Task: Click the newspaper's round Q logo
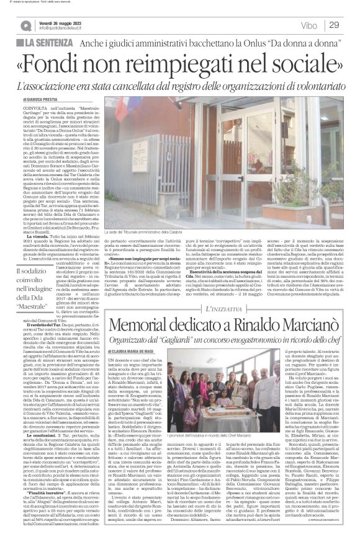coord(24,25)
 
